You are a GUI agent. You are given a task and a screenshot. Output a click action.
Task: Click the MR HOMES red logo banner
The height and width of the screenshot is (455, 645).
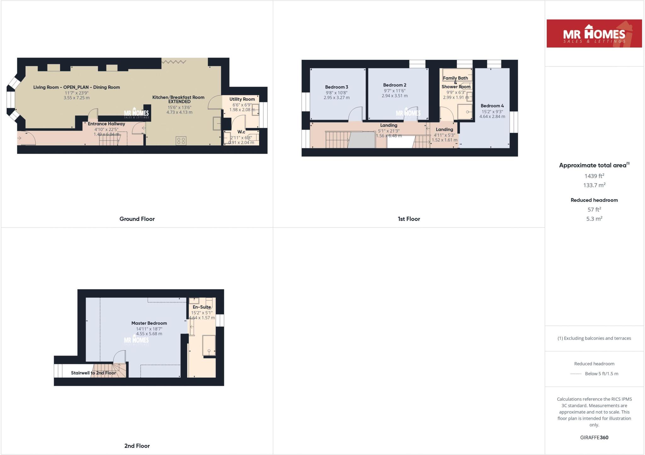(x=594, y=33)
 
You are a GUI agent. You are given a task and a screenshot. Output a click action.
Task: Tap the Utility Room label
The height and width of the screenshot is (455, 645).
(x=242, y=99)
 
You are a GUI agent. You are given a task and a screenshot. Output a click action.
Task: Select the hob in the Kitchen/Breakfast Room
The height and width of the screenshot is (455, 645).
(x=181, y=141)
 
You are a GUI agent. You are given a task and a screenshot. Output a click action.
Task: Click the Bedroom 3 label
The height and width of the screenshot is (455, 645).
(x=336, y=87)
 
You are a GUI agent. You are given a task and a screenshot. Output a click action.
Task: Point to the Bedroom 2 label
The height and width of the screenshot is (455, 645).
(x=395, y=85)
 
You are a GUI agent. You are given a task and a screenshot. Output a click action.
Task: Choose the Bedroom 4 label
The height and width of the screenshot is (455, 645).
(x=492, y=106)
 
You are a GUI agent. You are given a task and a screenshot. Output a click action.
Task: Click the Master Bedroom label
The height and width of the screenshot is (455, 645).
(x=149, y=323)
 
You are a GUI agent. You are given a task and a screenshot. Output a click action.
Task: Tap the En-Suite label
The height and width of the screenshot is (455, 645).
(x=202, y=307)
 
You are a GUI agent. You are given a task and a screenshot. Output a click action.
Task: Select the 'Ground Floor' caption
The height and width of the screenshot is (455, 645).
(x=137, y=219)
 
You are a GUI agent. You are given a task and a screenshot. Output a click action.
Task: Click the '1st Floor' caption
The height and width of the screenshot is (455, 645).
(x=409, y=219)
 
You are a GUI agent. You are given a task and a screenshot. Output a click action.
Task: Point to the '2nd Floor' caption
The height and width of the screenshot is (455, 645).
(x=137, y=446)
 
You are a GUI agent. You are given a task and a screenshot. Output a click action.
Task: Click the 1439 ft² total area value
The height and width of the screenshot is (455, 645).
(x=594, y=176)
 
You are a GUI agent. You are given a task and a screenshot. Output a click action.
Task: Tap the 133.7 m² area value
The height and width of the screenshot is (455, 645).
(x=594, y=185)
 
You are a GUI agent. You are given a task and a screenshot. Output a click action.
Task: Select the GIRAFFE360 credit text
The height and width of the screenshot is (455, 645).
(x=594, y=437)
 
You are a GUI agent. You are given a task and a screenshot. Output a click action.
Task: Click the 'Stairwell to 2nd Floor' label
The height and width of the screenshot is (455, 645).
(x=93, y=373)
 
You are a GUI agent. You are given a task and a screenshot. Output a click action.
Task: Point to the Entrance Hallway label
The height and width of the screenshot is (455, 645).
(x=106, y=124)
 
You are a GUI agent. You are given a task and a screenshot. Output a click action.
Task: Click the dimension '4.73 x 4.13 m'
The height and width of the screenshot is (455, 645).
(x=179, y=112)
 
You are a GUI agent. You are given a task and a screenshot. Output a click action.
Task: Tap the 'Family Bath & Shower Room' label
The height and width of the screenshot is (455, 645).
(x=456, y=82)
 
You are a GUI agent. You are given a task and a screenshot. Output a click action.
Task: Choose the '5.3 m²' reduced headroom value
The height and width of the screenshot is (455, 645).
(x=594, y=219)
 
